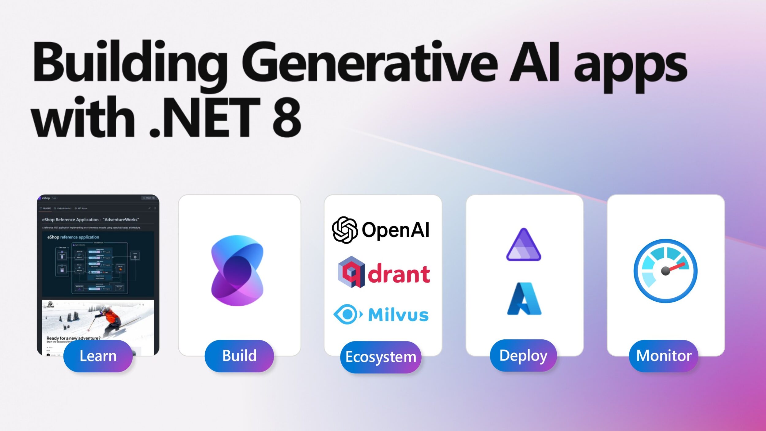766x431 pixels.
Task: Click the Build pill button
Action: click(x=239, y=356)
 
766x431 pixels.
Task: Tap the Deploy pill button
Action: click(x=523, y=356)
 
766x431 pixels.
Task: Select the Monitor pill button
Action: click(x=664, y=356)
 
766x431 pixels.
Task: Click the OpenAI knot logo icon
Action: click(x=345, y=230)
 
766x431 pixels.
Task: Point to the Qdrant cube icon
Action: click(x=351, y=272)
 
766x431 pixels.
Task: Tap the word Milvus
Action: click(x=398, y=315)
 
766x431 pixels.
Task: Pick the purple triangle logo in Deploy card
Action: click(x=524, y=245)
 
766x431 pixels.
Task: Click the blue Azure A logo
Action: click(x=524, y=299)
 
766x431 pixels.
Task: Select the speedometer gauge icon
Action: click(x=666, y=271)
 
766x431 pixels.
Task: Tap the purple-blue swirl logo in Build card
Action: click(x=237, y=270)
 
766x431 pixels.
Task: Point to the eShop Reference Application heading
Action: click(x=90, y=219)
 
